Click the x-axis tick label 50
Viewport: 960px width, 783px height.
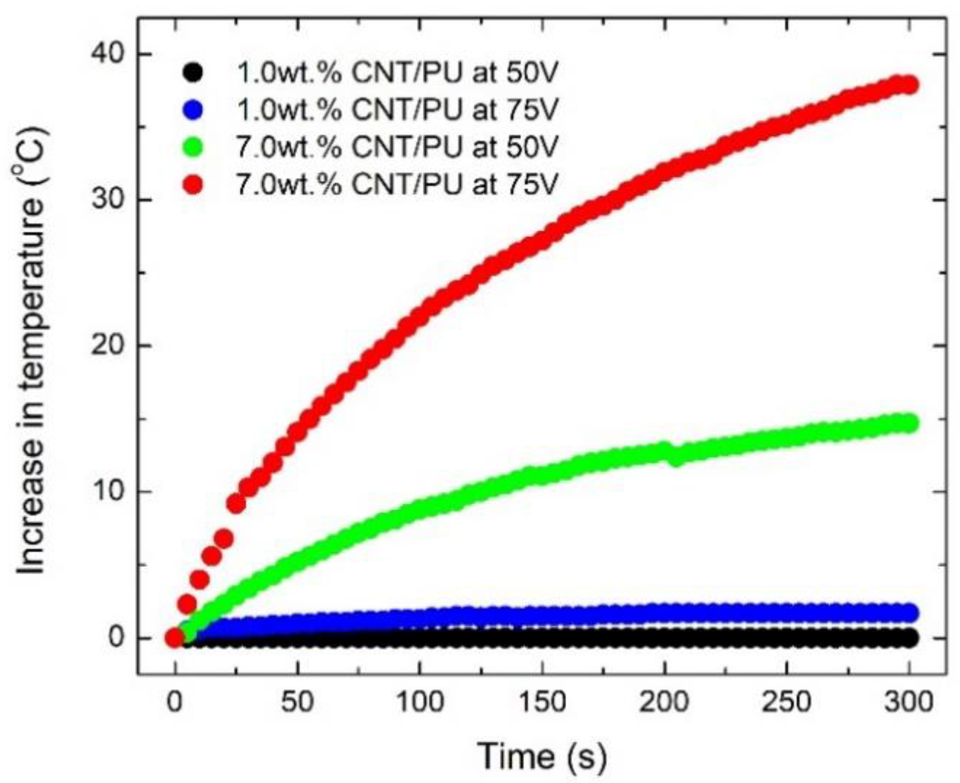298,701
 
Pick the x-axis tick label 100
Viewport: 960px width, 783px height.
420,701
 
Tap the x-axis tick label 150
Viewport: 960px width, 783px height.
542,701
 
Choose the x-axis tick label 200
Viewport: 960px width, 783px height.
664,701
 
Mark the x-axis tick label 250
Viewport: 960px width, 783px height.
787,701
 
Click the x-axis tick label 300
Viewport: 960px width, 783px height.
909,701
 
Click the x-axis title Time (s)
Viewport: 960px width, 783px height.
542,756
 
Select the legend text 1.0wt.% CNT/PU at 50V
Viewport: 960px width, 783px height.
397,73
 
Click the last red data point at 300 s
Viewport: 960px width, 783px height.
909,85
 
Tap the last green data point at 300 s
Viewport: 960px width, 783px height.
909,423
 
